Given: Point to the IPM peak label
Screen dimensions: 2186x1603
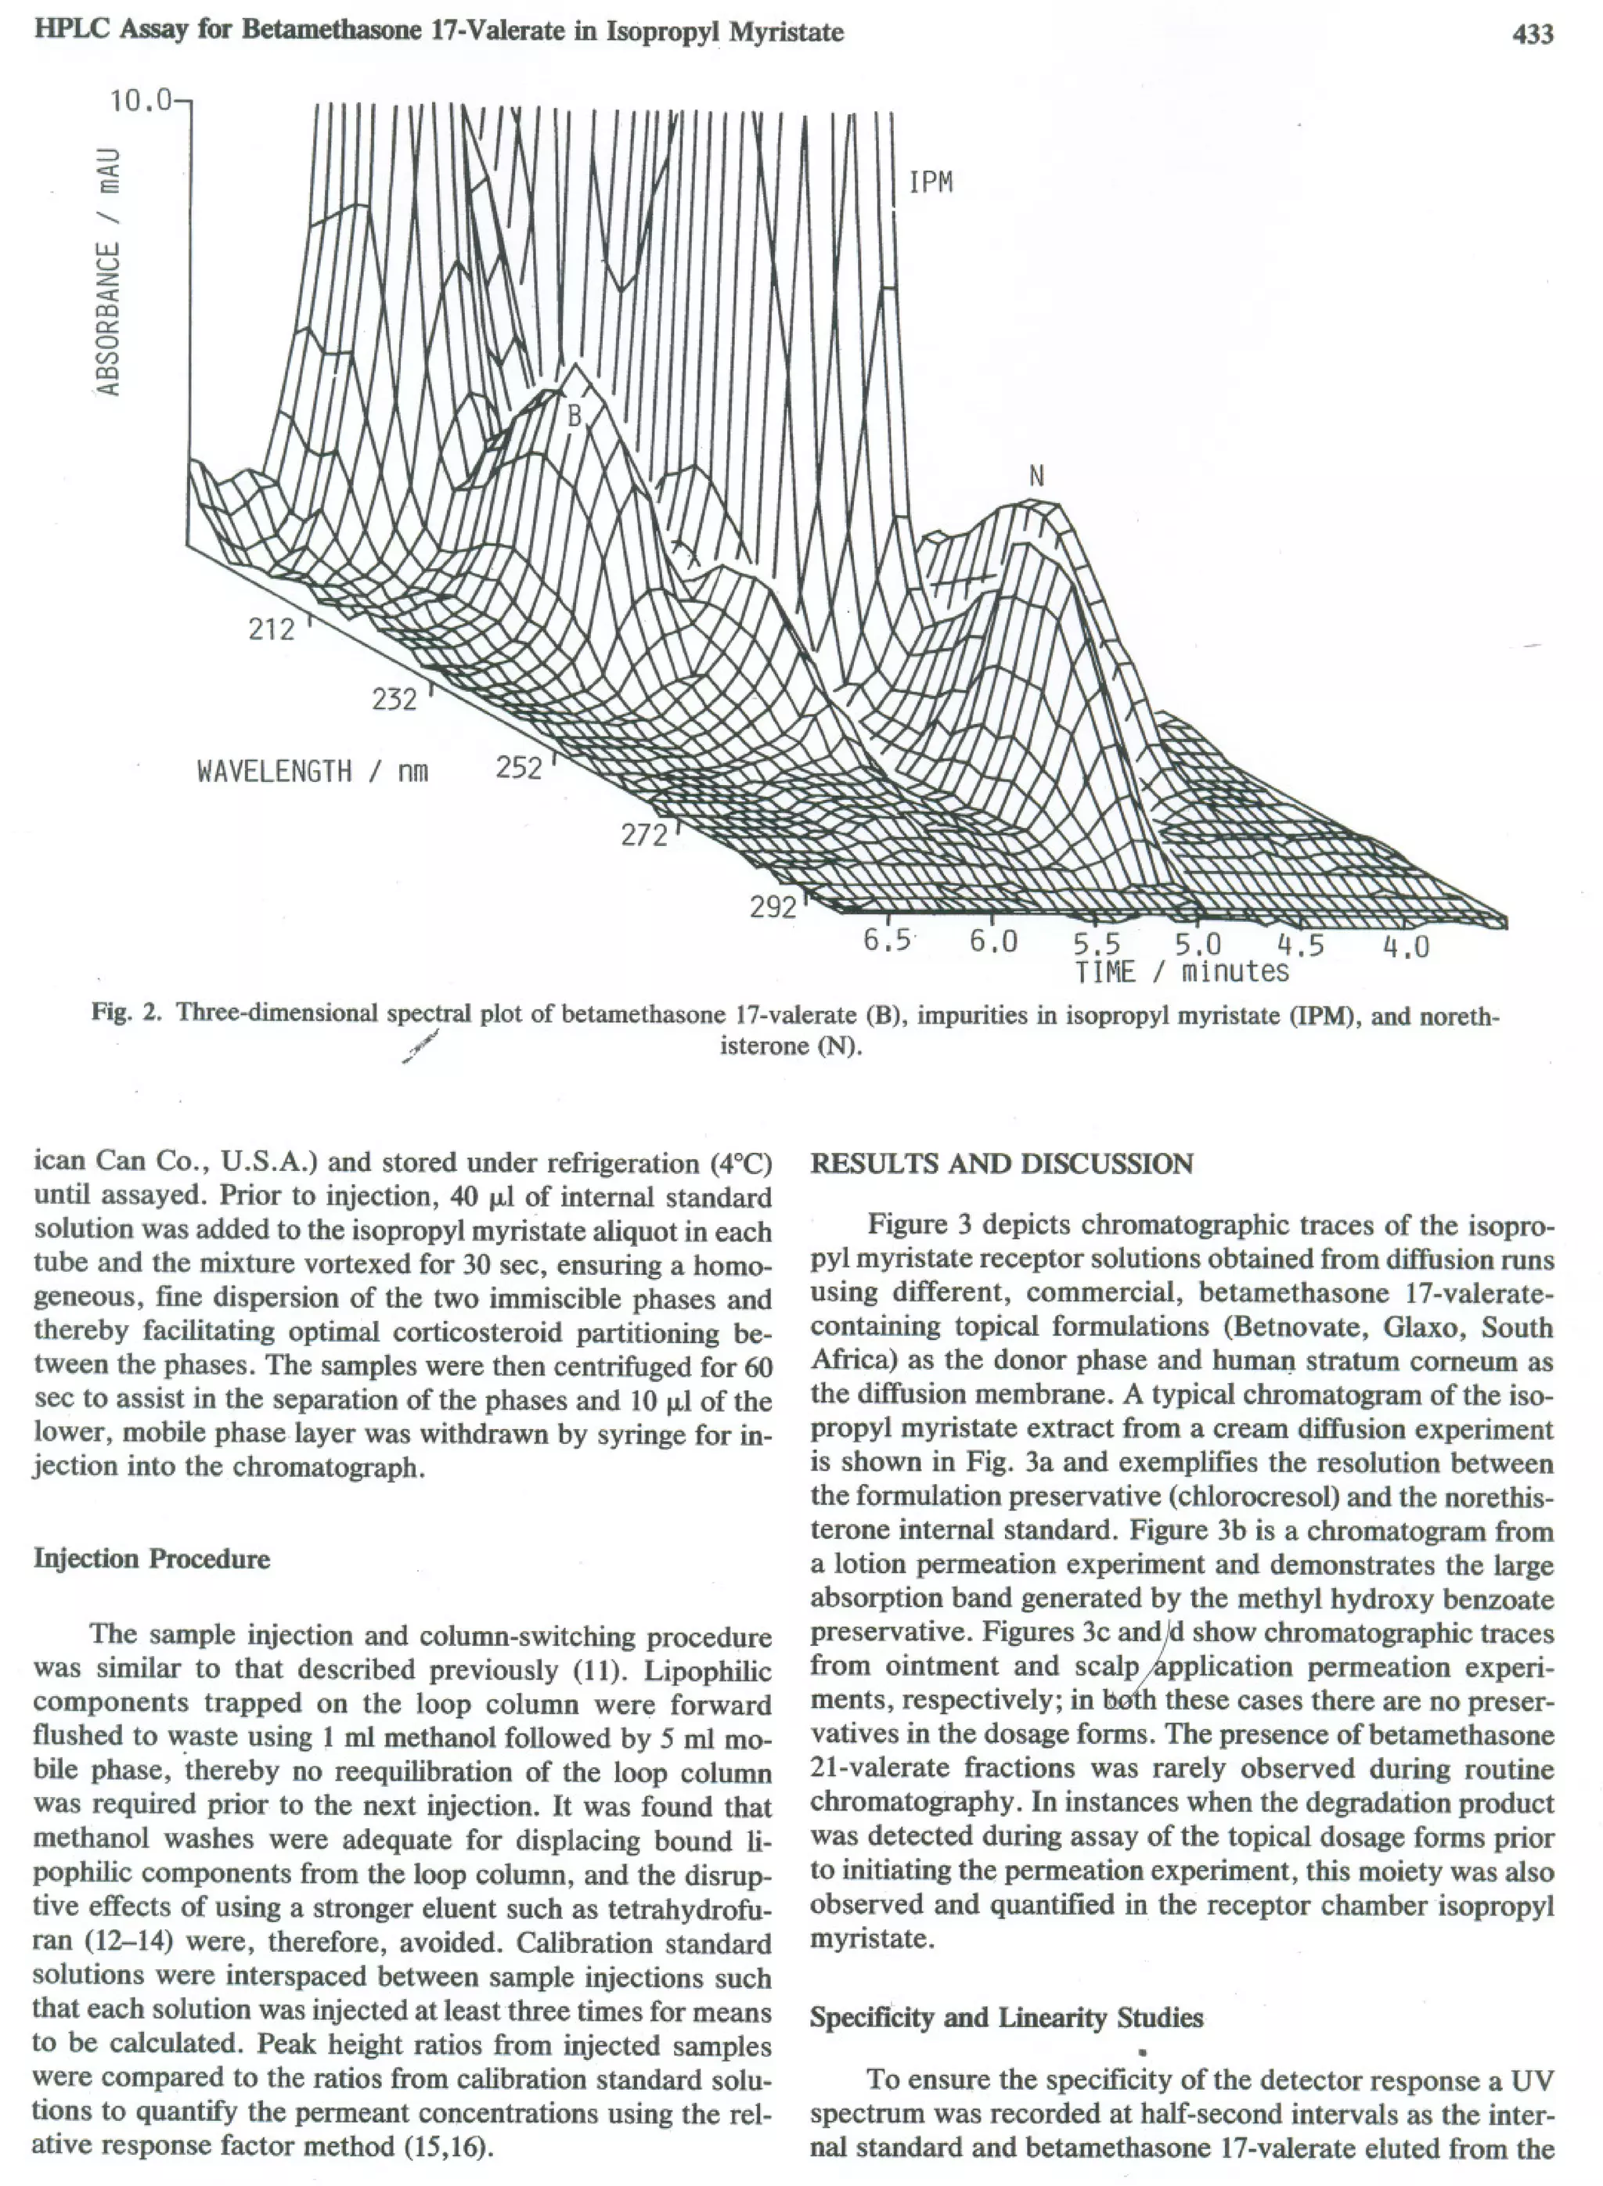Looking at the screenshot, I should point(931,182).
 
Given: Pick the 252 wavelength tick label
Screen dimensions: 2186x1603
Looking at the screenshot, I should point(519,769).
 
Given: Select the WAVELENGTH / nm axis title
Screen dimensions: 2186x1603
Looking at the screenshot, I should point(312,772).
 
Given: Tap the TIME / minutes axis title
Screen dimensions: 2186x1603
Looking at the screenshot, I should point(1182,971).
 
